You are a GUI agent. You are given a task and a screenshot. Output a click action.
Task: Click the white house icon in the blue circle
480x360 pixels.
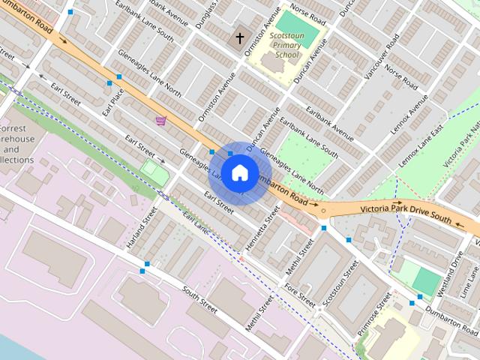pos(239,172)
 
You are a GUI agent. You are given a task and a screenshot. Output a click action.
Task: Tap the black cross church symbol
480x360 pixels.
pos(240,37)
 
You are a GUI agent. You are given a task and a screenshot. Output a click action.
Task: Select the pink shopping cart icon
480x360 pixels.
pos(160,120)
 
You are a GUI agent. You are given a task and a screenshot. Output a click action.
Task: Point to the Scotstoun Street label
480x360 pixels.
pos(335,287)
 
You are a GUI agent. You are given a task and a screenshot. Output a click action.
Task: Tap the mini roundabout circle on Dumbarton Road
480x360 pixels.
pos(323,211)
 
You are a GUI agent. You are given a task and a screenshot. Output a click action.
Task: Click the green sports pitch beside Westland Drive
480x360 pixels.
pos(426,282)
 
